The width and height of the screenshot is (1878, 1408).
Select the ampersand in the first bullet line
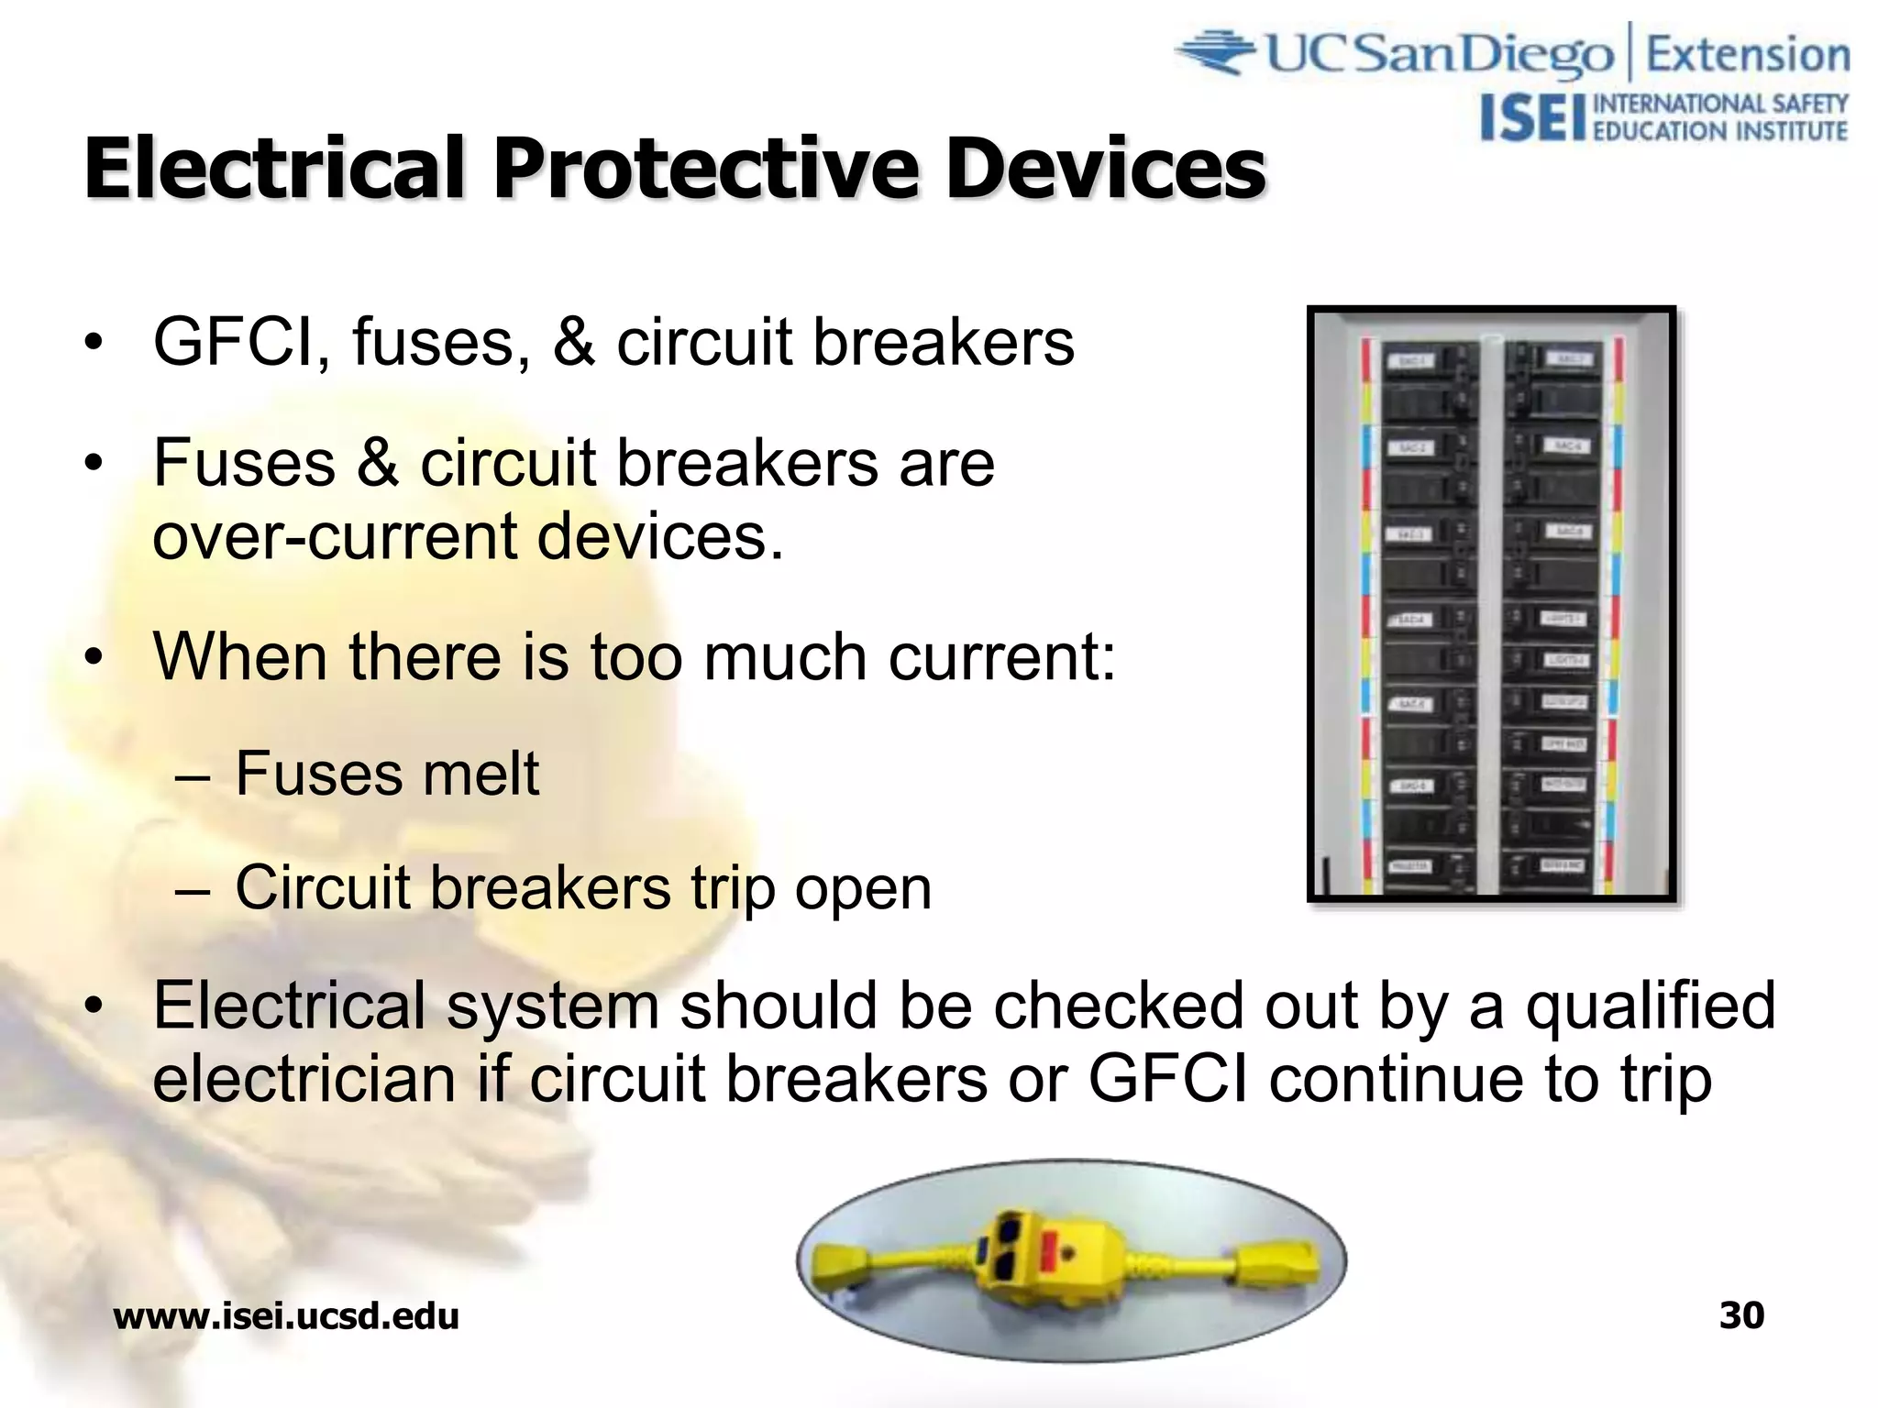[x=574, y=343]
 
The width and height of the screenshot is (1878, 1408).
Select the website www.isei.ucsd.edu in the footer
[x=286, y=1317]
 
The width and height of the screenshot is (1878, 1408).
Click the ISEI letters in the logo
[x=1532, y=119]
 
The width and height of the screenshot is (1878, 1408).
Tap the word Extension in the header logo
[x=1748, y=55]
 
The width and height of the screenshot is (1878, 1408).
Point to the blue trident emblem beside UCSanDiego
[x=1215, y=52]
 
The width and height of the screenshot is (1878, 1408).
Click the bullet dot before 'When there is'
[x=93, y=658]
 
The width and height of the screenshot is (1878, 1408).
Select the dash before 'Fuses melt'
[x=193, y=777]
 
